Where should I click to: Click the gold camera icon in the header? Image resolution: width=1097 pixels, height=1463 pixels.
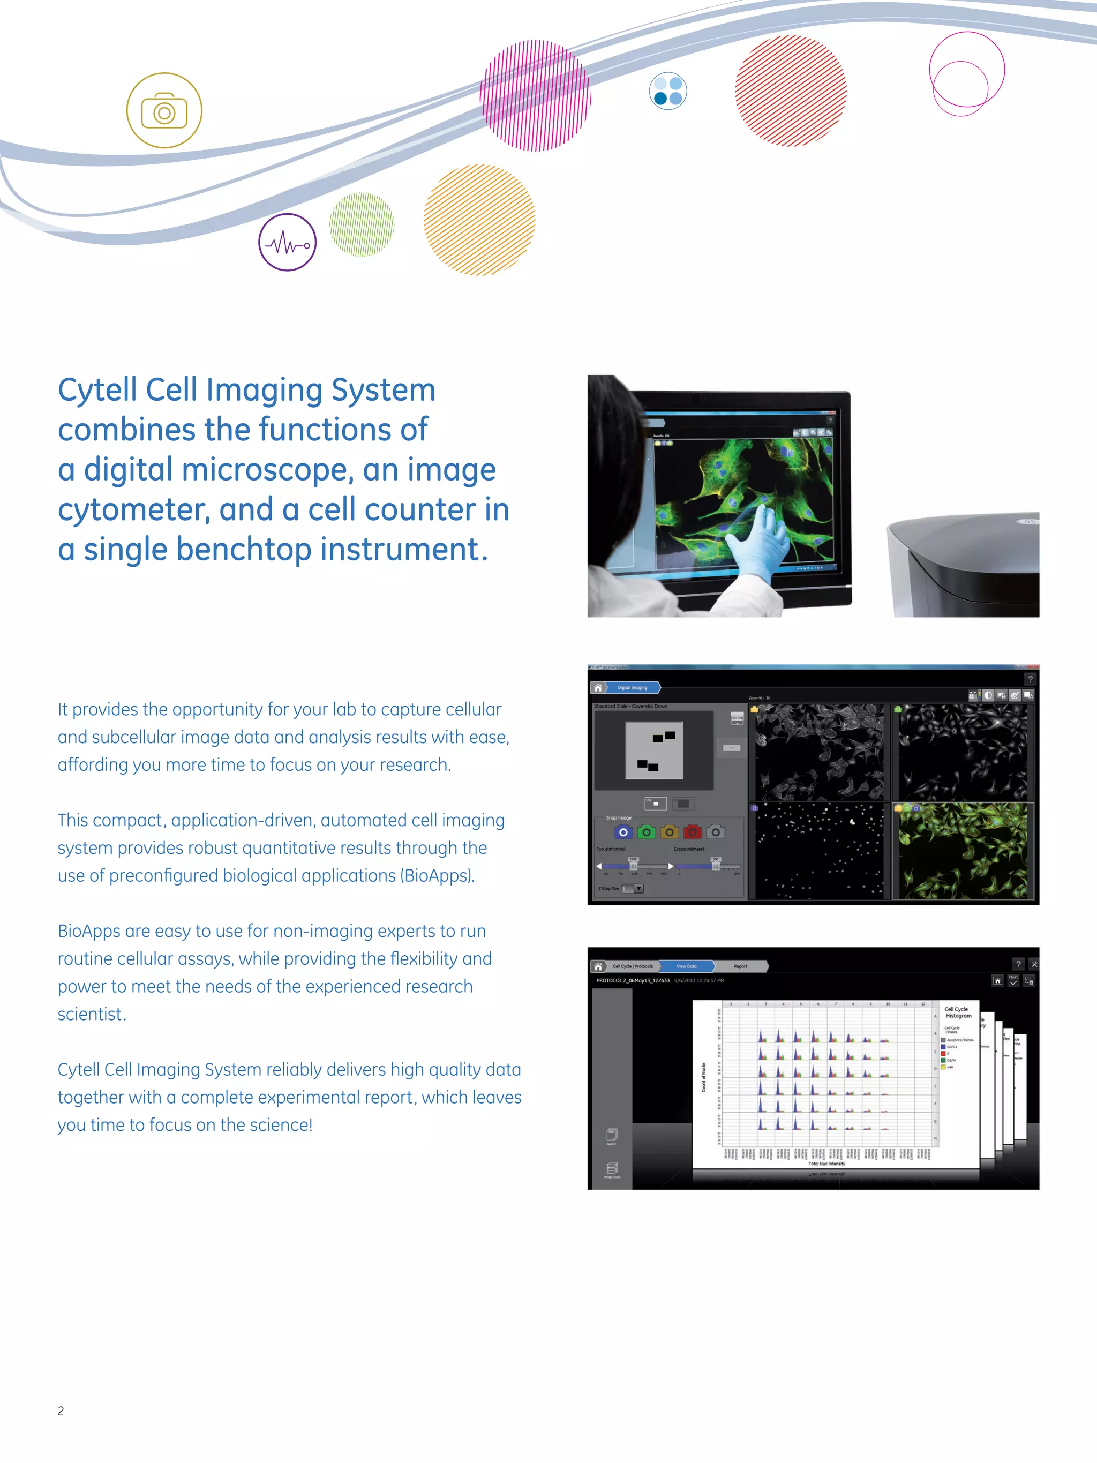click(x=164, y=110)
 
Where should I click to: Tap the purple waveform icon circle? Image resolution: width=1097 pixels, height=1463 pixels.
click(x=287, y=242)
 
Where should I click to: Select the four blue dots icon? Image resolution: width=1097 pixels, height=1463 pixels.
click(x=668, y=91)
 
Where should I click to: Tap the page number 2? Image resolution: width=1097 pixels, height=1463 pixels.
click(x=61, y=1411)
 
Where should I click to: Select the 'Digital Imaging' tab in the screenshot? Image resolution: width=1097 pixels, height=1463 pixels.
click(x=632, y=688)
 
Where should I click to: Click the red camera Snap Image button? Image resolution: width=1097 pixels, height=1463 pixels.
click(x=692, y=832)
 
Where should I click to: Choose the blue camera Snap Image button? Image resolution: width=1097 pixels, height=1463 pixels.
click(x=623, y=832)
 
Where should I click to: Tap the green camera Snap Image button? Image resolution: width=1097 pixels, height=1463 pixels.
click(x=646, y=832)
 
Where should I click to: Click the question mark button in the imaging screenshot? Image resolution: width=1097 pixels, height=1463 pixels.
click(x=1030, y=679)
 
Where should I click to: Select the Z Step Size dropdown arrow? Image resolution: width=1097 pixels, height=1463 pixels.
click(x=639, y=889)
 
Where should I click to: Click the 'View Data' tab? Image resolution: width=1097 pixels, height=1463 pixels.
click(x=686, y=966)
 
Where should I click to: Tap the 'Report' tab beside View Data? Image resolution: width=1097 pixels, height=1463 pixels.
click(x=740, y=966)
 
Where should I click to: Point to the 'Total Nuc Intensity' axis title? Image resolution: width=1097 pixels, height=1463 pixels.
click(x=826, y=1164)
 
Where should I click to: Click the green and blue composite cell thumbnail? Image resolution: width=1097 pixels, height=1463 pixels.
click(x=963, y=851)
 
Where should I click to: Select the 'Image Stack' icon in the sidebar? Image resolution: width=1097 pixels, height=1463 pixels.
click(x=612, y=1169)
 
